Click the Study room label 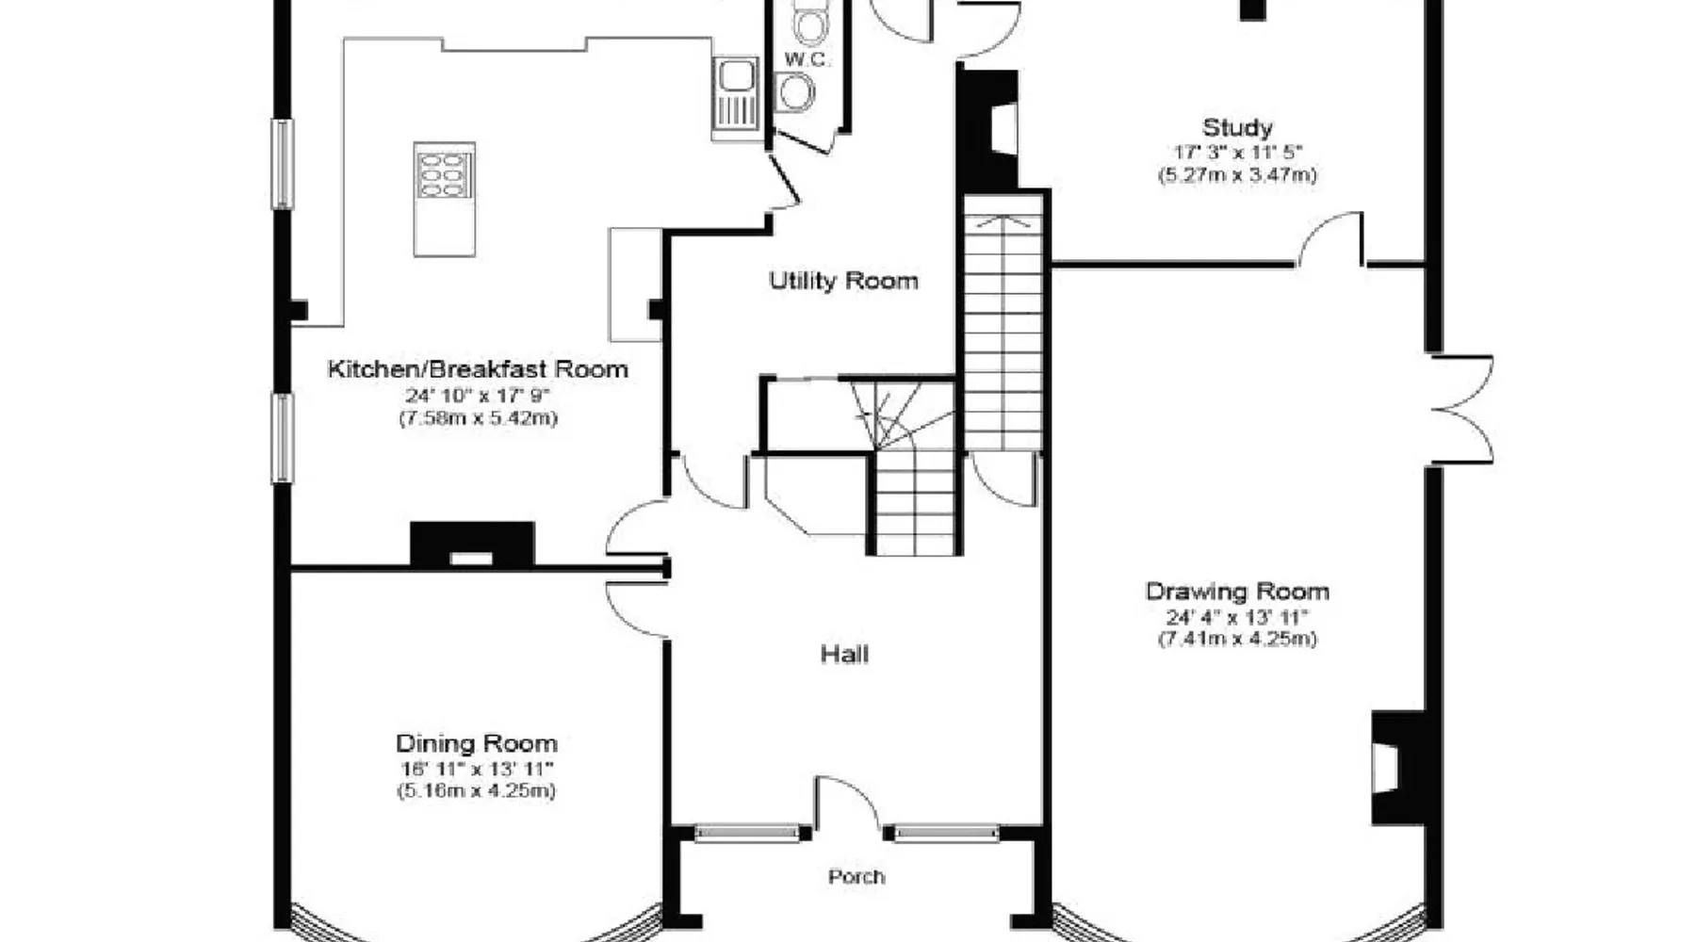(x=1237, y=127)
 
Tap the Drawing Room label (x=1237, y=592)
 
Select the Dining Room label (x=476, y=744)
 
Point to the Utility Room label (x=843, y=281)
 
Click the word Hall (x=844, y=654)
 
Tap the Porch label (x=856, y=877)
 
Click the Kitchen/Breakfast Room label (x=477, y=369)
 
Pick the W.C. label (x=807, y=59)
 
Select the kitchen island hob (x=444, y=171)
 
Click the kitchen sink (x=736, y=93)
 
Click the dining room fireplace (x=472, y=545)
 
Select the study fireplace (x=988, y=129)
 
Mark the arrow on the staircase (x=1003, y=222)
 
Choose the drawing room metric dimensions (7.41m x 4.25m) (x=1237, y=640)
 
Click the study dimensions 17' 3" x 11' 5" (x=1237, y=152)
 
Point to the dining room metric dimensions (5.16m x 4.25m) (x=476, y=791)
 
